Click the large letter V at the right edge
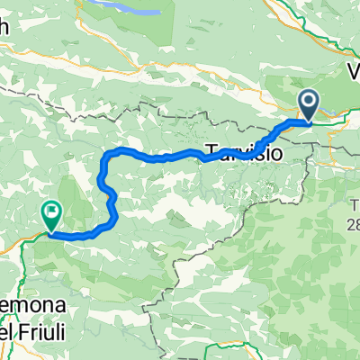[x=352, y=71]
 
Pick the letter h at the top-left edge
[x=4, y=28]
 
